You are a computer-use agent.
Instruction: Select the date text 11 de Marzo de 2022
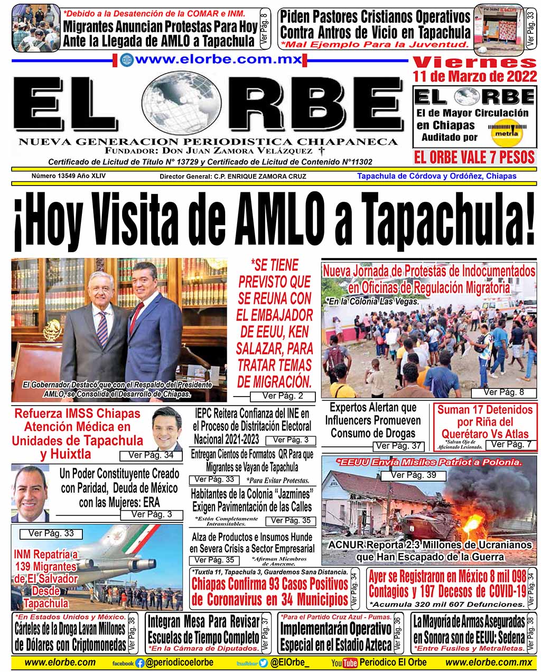coord(475,77)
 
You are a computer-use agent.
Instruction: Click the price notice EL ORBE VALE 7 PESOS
coord(474,158)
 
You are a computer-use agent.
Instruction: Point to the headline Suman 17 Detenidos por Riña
coord(484,422)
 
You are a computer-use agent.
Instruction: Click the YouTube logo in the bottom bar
coord(344,662)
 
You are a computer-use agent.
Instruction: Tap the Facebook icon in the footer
coord(139,662)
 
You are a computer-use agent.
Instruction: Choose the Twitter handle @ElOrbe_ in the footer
coord(290,662)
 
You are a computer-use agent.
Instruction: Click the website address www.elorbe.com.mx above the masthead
coord(218,59)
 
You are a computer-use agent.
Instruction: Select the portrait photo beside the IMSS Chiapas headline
coord(167,428)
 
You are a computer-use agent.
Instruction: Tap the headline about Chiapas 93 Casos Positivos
coord(269,592)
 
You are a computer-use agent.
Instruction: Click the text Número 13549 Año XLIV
coord(68,176)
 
